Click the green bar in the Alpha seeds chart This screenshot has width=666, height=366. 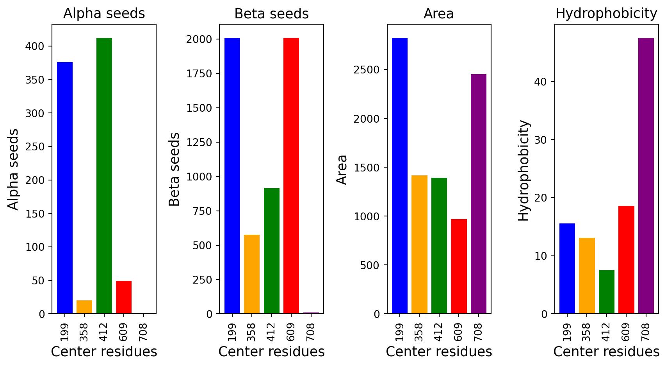[104, 175]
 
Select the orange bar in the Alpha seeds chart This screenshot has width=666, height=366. [84, 307]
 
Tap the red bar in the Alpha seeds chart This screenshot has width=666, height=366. [124, 297]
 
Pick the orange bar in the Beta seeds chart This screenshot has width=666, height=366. [252, 274]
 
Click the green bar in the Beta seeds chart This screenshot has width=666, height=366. [272, 251]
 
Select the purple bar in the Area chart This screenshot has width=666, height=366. [479, 194]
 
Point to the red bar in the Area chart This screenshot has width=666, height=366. [459, 266]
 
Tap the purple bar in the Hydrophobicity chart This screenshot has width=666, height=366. [646, 175]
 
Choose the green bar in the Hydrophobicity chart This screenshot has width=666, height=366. [607, 292]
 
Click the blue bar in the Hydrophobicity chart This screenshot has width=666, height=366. [567, 268]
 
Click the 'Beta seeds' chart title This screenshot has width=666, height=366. [271, 14]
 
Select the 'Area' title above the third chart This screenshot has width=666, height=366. [439, 14]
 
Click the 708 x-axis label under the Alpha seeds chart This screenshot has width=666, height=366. [143, 332]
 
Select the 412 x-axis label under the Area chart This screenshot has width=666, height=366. [439, 332]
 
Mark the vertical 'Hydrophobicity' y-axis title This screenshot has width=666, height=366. [524, 171]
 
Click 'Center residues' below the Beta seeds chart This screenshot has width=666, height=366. [271, 352]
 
